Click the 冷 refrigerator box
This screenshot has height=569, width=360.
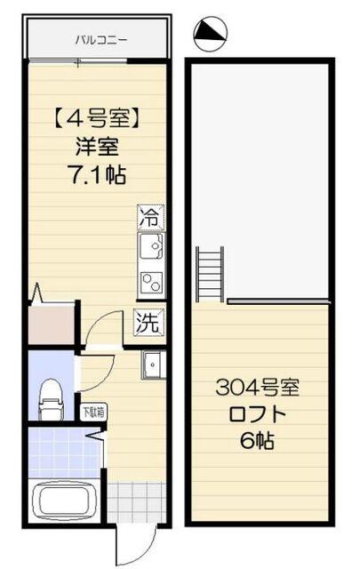coord(150,216)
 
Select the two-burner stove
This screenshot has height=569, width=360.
coord(150,282)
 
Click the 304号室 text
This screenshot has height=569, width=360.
coord(260,388)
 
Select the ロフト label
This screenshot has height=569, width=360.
coord(260,414)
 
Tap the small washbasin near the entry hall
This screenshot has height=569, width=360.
coord(153,365)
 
